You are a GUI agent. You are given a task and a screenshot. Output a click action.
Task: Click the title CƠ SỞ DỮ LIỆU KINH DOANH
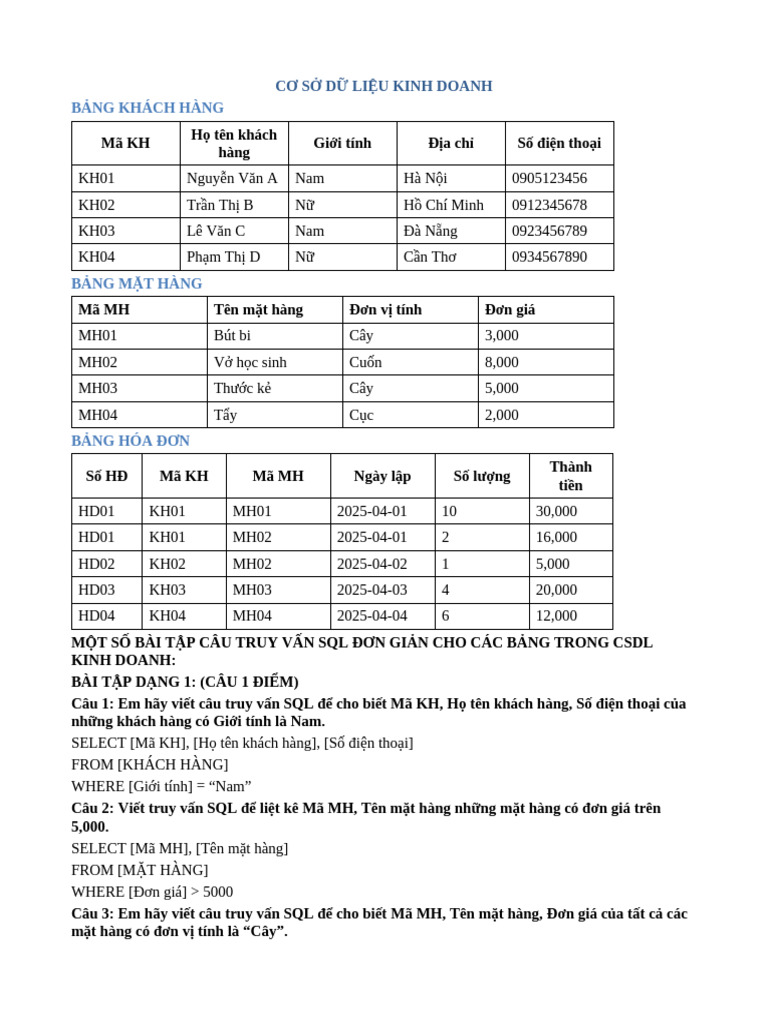(x=383, y=86)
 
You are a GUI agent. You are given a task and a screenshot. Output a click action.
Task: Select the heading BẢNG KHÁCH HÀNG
(x=147, y=108)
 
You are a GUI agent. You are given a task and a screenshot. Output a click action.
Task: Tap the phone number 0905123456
(x=549, y=178)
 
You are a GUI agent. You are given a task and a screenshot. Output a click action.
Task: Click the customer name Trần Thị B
(x=220, y=205)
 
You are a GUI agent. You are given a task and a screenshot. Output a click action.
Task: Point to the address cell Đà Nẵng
(x=430, y=231)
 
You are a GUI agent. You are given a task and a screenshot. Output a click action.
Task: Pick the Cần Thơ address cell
(x=430, y=257)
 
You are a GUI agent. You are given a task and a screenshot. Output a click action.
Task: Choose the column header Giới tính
(x=342, y=143)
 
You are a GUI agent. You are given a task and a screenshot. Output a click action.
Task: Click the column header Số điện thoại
(x=559, y=143)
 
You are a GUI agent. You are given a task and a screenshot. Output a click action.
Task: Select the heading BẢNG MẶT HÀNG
(x=137, y=284)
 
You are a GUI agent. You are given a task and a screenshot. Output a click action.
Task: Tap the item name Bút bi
(x=232, y=336)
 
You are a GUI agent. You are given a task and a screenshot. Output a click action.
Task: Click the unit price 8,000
(x=502, y=362)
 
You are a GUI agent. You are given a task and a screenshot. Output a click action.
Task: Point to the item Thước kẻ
(x=242, y=388)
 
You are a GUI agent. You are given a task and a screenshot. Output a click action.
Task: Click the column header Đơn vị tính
(x=385, y=310)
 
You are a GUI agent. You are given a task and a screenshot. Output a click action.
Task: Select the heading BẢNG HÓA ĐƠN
(x=130, y=441)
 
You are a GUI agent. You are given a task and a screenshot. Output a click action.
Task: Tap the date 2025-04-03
(x=372, y=590)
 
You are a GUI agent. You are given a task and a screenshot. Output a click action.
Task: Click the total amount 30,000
(x=556, y=511)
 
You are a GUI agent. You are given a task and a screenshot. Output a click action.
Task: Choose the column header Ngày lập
(x=382, y=476)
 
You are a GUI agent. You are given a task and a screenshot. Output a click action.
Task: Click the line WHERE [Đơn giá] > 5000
(x=152, y=892)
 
